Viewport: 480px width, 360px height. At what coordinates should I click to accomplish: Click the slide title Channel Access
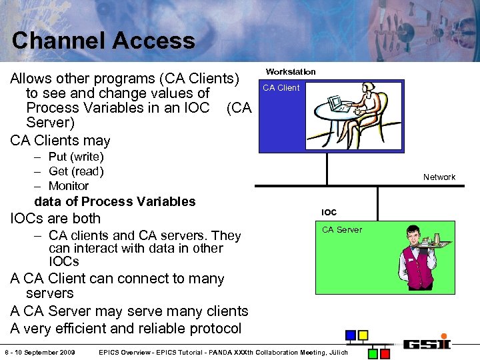(103, 41)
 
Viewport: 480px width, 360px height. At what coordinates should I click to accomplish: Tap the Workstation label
(291, 71)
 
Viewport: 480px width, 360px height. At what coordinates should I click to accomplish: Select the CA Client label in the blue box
(281, 88)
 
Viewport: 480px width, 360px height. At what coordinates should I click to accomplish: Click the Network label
(439, 177)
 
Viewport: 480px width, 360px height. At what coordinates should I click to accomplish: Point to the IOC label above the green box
(329, 213)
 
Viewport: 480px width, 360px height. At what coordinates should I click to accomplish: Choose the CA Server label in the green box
(342, 230)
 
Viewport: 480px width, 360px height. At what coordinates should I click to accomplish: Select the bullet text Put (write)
(76, 157)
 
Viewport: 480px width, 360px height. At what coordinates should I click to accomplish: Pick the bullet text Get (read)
(76, 171)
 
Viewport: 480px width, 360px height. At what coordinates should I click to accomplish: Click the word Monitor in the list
(69, 186)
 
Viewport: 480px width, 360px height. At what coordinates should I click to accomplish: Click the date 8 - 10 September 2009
(39, 352)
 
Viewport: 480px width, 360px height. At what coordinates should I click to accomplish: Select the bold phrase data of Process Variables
(115, 201)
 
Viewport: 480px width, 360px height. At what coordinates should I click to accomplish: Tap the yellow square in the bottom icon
(363, 335)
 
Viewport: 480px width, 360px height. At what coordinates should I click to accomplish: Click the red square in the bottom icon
(385, 353)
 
